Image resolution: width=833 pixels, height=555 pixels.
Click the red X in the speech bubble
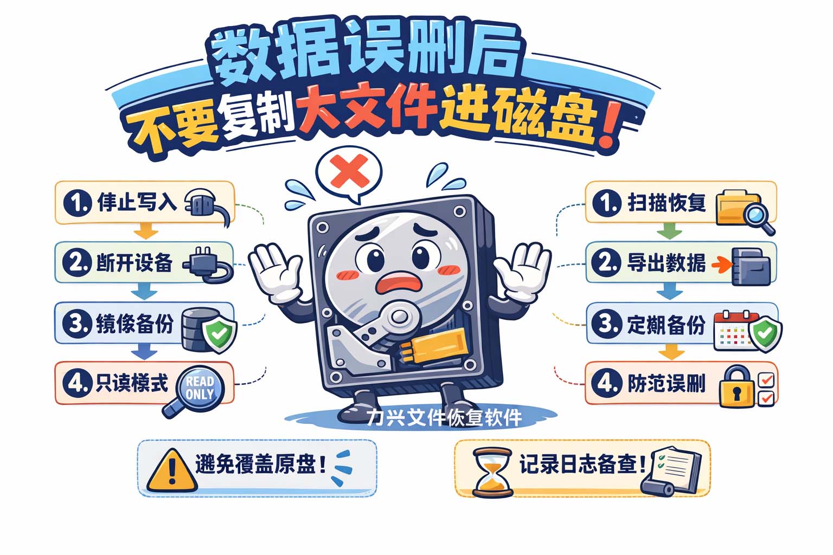point(349,171)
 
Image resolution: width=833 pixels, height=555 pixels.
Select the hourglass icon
point(491,472)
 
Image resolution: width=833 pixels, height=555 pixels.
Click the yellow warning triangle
point(172,471)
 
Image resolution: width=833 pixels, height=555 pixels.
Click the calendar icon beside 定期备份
point(732,331)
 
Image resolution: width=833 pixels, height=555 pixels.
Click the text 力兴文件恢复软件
point(444,418)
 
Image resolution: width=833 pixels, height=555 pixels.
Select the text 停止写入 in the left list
point(137,202)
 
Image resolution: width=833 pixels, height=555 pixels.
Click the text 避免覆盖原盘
point(260,464)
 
